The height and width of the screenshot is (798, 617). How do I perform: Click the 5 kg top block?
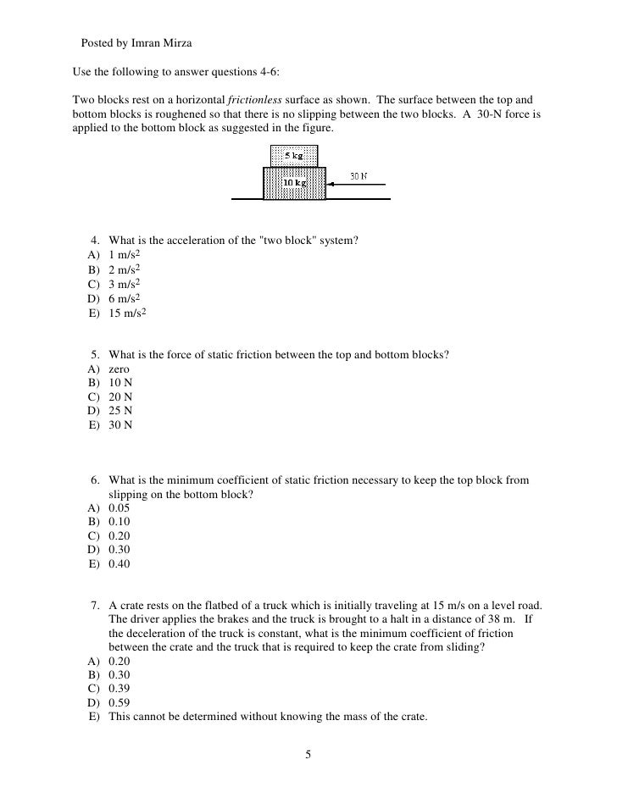coord(294,156)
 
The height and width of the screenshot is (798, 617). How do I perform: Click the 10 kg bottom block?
coord(294,183)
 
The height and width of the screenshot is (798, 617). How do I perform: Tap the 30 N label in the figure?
coord(359,177)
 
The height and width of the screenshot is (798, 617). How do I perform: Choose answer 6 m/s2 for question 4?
coord(124,299)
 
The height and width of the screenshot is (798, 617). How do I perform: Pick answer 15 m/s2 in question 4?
coord(127,314)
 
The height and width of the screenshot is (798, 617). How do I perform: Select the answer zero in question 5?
coord(120,370)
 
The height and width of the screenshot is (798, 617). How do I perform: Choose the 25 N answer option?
coord(120,411)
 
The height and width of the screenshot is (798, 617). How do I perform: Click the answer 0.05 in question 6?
coord(120,509)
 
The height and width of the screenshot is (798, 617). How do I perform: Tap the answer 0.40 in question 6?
coord(120,563)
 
